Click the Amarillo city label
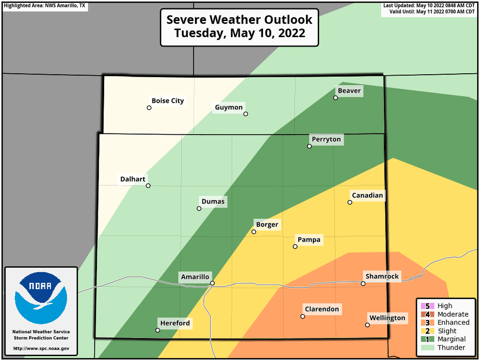click(195, 277)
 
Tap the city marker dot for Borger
click(254, 232)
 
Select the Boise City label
click(168, 101)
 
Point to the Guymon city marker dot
click(246, 114)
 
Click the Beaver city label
click(349, 91)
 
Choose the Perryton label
click(326, 139)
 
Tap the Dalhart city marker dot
click(148, 186)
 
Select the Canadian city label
click(368, 195)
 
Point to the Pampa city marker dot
click(295, 247)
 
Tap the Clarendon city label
click(322, 309)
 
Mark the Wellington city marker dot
click(368, 325)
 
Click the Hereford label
click(175, 323)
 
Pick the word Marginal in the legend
click(452, 339)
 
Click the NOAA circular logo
click(41, 297)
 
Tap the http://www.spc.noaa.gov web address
click(41, 349)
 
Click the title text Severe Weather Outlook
click(239, 20)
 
